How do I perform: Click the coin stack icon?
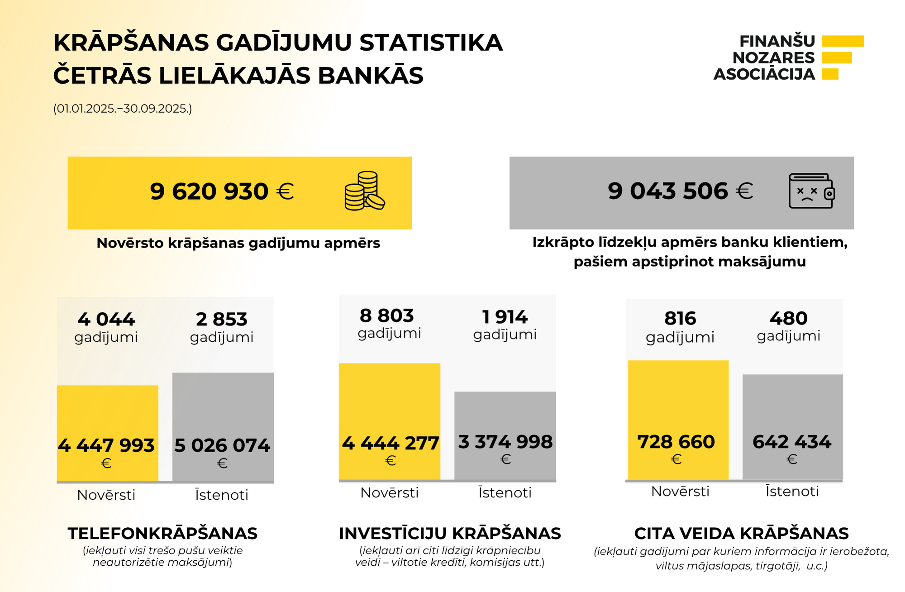364,191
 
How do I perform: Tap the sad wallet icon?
811,191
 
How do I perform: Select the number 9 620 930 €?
222,191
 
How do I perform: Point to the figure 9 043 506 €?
680,191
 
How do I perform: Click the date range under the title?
123,109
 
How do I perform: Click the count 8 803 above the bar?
387,316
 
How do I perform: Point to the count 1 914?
505,317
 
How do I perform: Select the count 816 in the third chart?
680,319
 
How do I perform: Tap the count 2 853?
222,320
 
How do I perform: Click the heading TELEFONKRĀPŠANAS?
162,534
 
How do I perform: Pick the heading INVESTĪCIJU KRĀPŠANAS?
450,534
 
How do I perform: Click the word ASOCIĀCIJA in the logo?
764,74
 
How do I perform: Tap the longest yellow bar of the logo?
843,41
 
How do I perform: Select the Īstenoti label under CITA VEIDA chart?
792,492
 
